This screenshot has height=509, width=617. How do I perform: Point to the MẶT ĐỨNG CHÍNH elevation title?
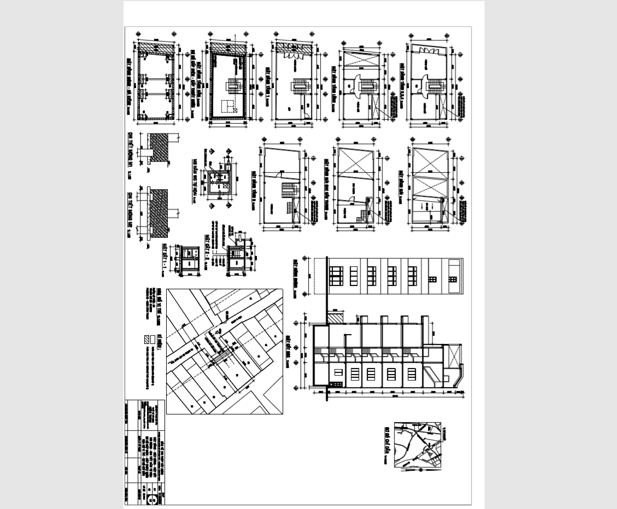(295, 277)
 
